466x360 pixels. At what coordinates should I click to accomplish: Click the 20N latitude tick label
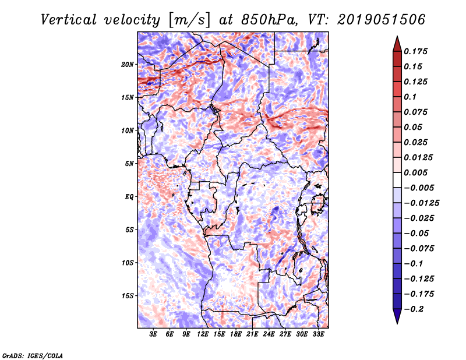[128, 64]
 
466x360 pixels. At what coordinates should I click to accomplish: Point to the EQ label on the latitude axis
[129, 197]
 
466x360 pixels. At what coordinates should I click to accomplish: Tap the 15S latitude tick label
[128, 296]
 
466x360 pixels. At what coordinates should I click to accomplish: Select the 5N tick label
[129, 164]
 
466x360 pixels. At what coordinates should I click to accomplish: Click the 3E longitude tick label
[154, 334]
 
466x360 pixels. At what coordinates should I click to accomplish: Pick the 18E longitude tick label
[236, 334]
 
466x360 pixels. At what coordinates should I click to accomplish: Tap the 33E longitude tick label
[318, 334]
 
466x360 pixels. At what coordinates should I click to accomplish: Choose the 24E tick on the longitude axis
[269, 334]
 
